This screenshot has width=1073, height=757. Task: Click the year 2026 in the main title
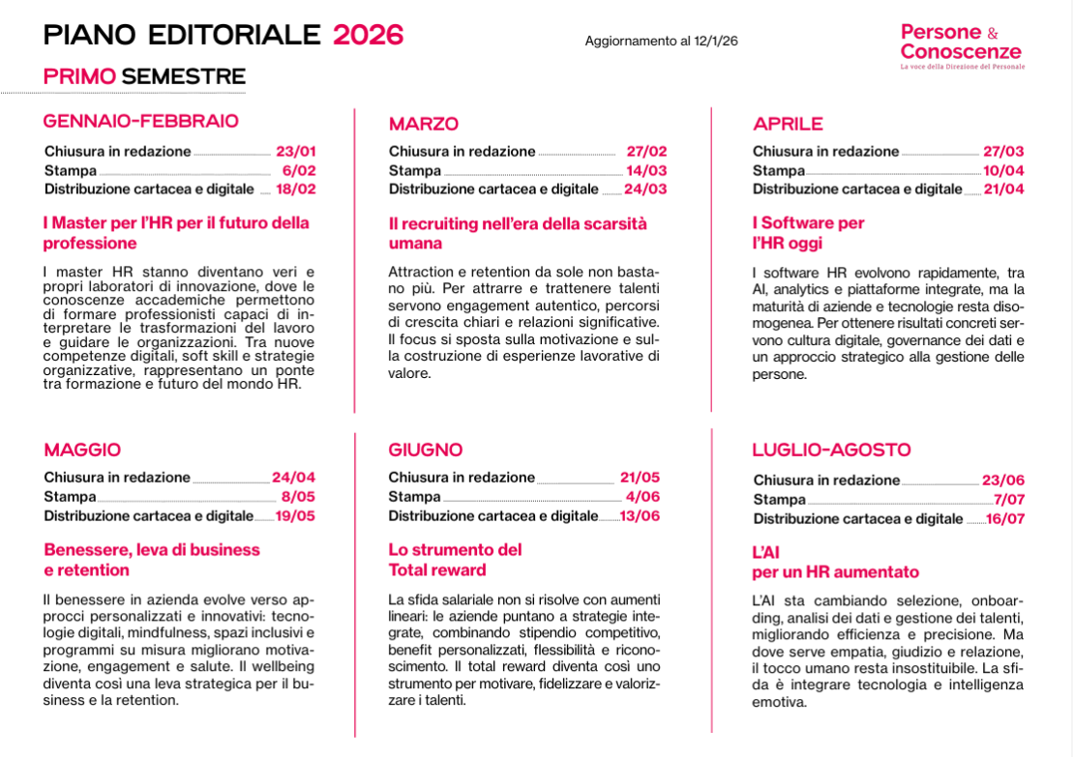pyautogui.click(x=368, y=35)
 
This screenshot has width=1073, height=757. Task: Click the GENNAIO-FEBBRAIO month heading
pyautogui.click(x=141, y=121)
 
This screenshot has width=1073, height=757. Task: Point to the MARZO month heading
pyautogui.click(x=423, y=124)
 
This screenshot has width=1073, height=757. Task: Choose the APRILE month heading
pyautogui.click(x=788, y=124)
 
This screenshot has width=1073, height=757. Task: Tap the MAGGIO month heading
pyautogui.click(x=82, y=450)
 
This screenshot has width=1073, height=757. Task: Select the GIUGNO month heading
pyautogui.click(x=426, y=450)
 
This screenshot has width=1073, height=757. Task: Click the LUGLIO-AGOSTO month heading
pyautogui.click(x=831, y=450)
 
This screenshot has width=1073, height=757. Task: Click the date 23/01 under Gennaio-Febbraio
pyautogui.click(x=296, y=151)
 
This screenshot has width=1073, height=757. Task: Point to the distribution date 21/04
pyautogui.click(x=1003, y=189)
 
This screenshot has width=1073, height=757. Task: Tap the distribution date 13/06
pyautogui.click(x=640, y=515)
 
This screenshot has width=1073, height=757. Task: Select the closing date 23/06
pyautogui.click(x=1002, y=480)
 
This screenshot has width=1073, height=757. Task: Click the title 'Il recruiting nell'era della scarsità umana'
pyautogui.click(x=518, y=233)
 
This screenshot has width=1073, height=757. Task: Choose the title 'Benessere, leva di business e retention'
pyautogui.click(x=152, y=560)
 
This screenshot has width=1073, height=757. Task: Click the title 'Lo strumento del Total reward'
pyautogui.click(x=455, y=560)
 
